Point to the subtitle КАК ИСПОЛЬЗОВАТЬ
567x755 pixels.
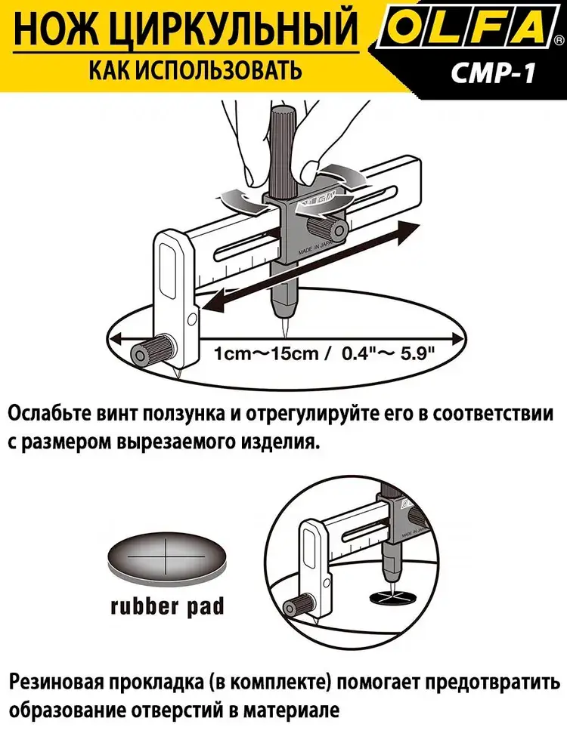185,71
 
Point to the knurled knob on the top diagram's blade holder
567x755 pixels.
150,350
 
